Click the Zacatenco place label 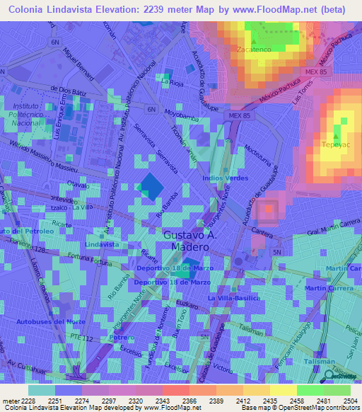(254, 50)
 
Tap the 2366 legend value (175, 400)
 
